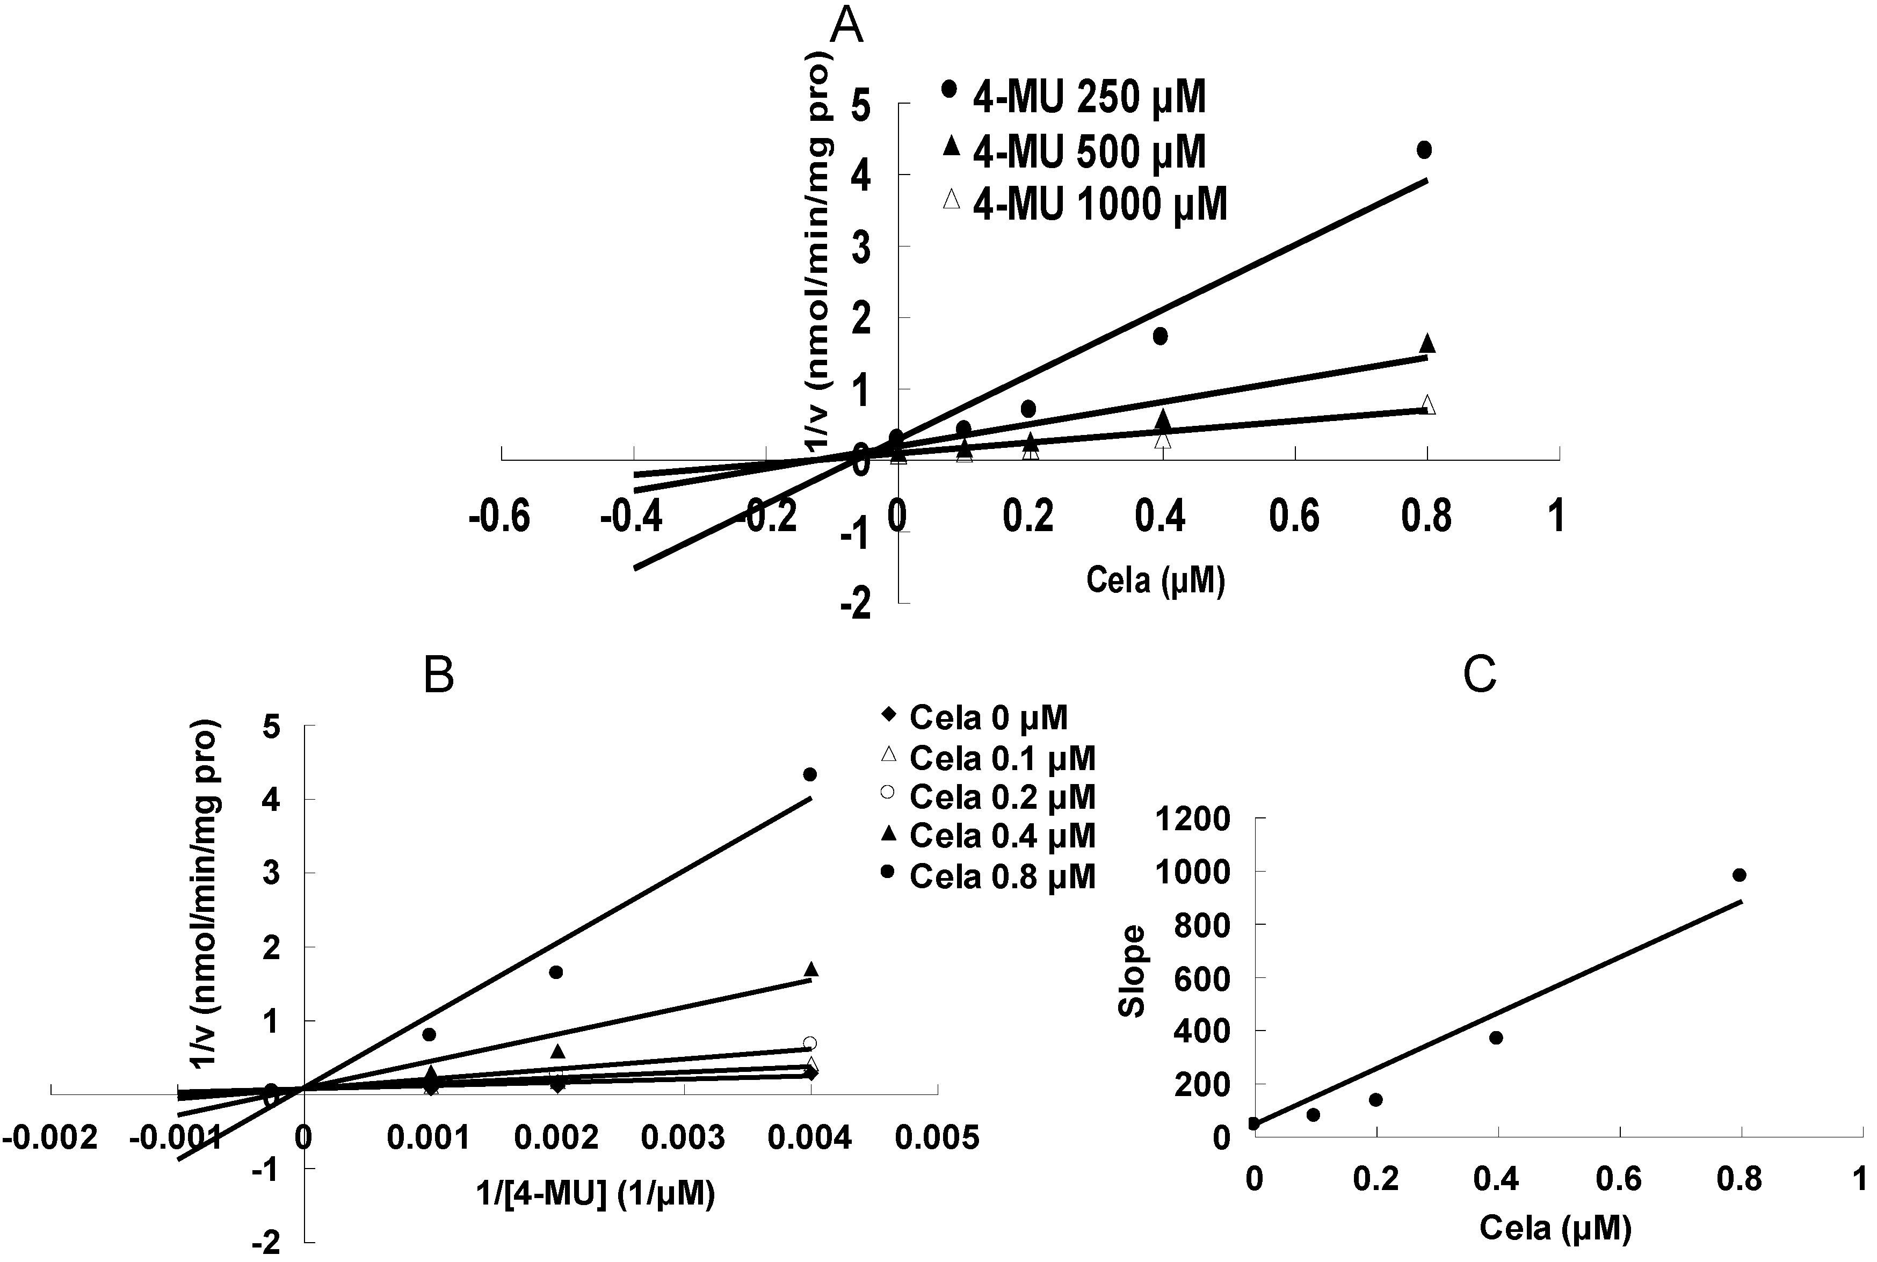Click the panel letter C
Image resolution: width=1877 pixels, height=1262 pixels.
[x=1480, y=674]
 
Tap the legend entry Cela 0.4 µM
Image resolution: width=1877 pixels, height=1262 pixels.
[x=990, y=836]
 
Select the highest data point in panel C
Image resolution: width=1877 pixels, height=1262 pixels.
[x=1738, y=875]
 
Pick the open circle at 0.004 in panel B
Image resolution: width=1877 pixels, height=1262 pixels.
[x=810, y=1043]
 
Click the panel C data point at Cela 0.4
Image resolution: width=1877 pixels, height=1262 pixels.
[x=1496, y=1038]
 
